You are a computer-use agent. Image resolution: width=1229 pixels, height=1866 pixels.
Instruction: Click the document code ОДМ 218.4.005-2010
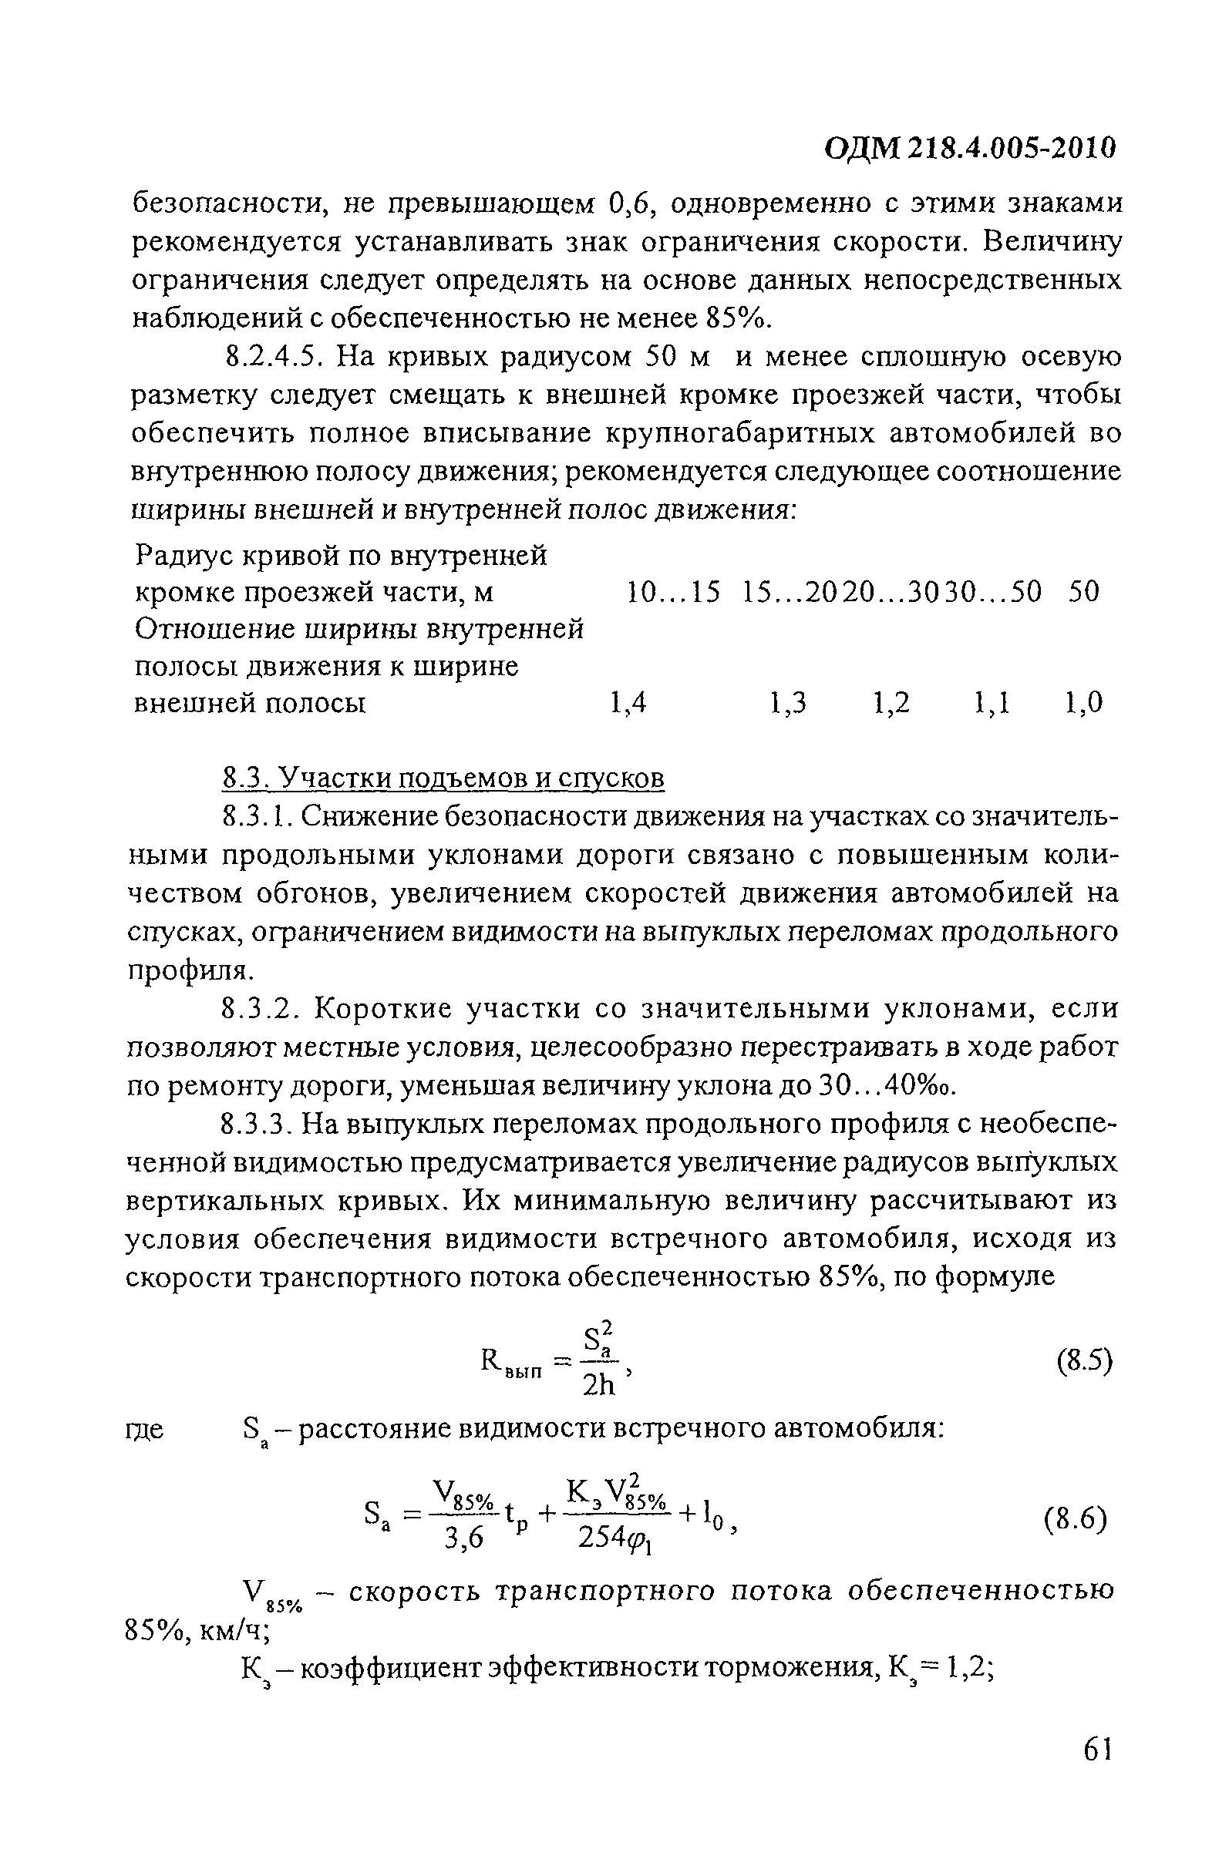(x=969, y=147)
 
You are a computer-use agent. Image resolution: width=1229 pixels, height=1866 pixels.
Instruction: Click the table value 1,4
(x=628, y=703)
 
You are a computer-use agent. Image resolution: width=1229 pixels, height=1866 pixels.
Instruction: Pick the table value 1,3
(x=788, y=703)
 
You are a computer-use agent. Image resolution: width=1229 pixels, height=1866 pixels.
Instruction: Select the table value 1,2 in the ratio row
(x=892, y=703)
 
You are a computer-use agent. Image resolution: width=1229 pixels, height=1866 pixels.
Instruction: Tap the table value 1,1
(x=992, y=703)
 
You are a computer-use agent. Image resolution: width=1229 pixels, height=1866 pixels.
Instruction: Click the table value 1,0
(x=1084, y=703)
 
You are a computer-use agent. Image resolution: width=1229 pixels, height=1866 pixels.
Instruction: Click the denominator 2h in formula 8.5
(x=600, y=1384)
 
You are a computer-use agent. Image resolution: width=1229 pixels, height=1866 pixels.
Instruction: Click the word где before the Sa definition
(x=145, y=1428)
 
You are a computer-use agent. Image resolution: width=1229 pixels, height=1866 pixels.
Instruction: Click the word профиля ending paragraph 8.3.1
(x=190, y=970)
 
